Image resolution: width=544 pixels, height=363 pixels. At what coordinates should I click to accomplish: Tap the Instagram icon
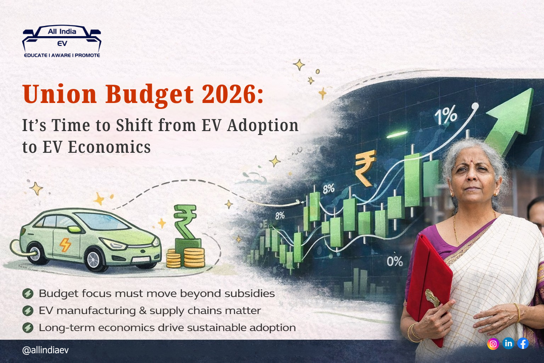[x=493, y=343]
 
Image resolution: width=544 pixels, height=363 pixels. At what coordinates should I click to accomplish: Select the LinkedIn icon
[x=508, y=343]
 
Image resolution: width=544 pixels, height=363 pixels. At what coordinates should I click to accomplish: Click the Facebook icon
[x=523, y=343]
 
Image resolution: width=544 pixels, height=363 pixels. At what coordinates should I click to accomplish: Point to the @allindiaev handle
[x=45, y=350]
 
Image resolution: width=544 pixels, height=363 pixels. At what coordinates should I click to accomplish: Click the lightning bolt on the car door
[x=65, y=245]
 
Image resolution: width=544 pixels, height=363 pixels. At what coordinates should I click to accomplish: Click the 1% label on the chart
[x=445, y=115]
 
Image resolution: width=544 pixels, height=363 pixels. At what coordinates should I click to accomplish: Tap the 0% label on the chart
[x=394, y=261]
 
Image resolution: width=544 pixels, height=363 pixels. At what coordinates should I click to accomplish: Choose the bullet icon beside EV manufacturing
[x=28, y=311]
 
